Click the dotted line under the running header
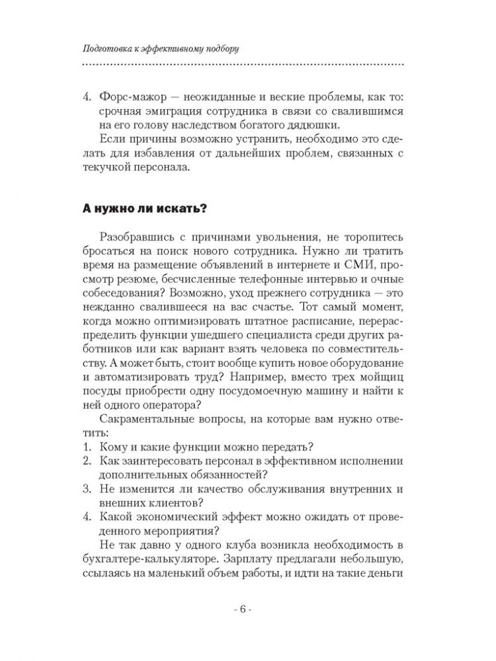pyautogui.click(x=242, y=64)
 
